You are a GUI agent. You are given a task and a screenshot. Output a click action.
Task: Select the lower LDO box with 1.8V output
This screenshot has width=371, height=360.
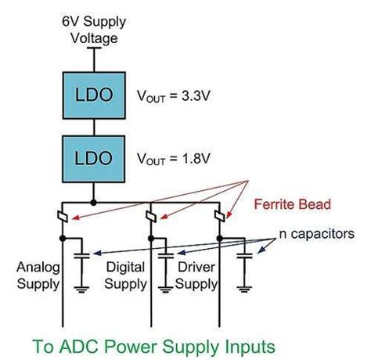93,157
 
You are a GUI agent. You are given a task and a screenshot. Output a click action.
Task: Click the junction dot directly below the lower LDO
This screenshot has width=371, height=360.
93,201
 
